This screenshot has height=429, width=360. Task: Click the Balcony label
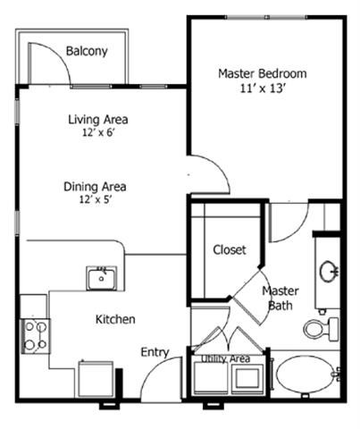[x=87, y=51]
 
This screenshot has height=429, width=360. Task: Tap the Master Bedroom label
[x=263, y=73]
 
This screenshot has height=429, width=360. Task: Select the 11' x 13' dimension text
[x=263, y=89]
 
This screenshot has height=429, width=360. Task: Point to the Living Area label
[x=98, y=120]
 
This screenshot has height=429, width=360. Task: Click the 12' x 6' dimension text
[x=98, y=134]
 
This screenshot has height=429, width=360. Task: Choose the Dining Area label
[x=95, y=187]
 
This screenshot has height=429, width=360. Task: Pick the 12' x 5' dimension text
[x=95, y=201]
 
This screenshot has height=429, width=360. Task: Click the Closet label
[x=229, y=250]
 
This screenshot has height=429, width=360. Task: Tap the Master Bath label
[x=280, y=299]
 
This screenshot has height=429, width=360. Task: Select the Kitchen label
[x=115, y=319]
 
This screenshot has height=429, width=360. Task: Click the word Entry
[x=155, y=352]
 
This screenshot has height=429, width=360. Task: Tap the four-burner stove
[x=36, y=336]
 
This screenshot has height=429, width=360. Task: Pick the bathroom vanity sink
[x=328, y=270]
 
